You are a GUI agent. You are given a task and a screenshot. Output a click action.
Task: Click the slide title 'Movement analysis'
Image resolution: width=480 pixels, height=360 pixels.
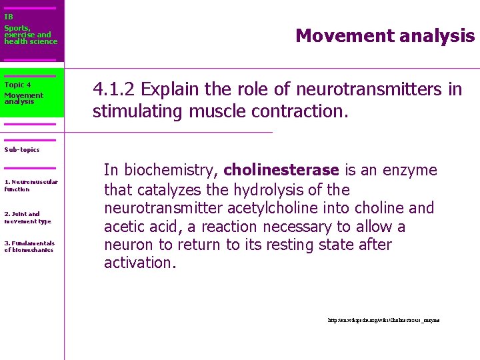click(385, 35)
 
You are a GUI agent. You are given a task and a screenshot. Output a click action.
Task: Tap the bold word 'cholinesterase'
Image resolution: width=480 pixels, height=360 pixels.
click(282, 171)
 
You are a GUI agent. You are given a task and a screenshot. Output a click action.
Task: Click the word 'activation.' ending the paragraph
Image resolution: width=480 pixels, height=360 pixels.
click(140, 263)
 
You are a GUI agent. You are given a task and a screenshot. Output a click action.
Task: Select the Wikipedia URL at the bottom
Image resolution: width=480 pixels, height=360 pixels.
click(383, 321)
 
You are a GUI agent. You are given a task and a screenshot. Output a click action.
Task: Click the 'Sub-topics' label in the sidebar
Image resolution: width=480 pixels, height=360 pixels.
click(22, 150)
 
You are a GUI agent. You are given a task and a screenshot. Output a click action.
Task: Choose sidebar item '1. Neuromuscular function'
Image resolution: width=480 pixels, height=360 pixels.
click(31, 185)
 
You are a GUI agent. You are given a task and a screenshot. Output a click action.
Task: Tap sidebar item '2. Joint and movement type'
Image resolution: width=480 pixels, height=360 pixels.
click(27, 217)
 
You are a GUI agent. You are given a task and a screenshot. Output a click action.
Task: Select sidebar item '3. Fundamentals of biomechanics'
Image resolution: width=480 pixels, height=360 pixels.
click(29, 247)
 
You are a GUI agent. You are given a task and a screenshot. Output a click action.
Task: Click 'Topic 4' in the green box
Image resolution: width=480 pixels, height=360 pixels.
click(17, 85)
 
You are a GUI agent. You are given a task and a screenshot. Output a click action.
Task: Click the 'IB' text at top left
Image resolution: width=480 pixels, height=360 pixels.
click(8, 17)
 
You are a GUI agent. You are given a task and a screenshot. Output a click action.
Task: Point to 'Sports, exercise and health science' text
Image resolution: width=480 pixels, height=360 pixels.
click(31, 35)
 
